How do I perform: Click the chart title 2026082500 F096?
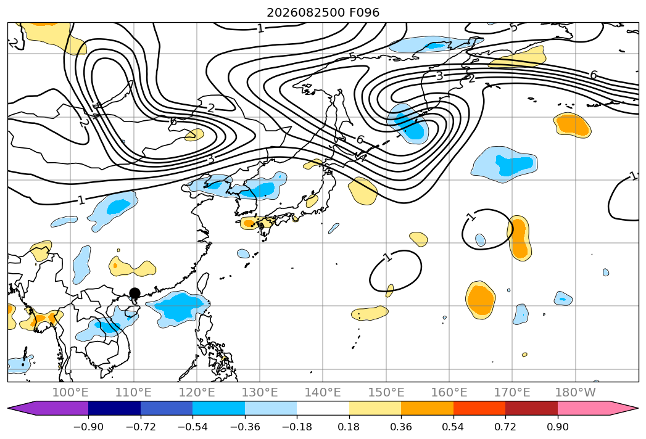coord(323,12)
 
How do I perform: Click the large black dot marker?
coord(135,293)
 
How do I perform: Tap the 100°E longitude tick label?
coord(70,392)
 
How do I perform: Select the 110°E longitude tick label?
coord(133,392)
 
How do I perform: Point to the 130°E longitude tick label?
coord(260,392)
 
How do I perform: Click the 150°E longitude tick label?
coord(386,392)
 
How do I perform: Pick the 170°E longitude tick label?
coord(512,392)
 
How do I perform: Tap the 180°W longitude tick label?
coord(576,392)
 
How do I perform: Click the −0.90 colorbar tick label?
coord(88,427)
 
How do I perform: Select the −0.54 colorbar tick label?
coord(193,427)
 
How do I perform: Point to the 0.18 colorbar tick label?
coord(349,427)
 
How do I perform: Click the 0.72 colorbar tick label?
coord(505,427)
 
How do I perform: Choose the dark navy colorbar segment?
coord(115,408)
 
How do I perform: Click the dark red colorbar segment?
coord(531,408)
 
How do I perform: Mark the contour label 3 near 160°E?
coord(439,76)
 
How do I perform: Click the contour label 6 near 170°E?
coord(594,75)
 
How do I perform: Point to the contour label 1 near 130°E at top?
coord(260,28)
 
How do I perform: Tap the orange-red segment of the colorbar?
coord(479,408)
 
